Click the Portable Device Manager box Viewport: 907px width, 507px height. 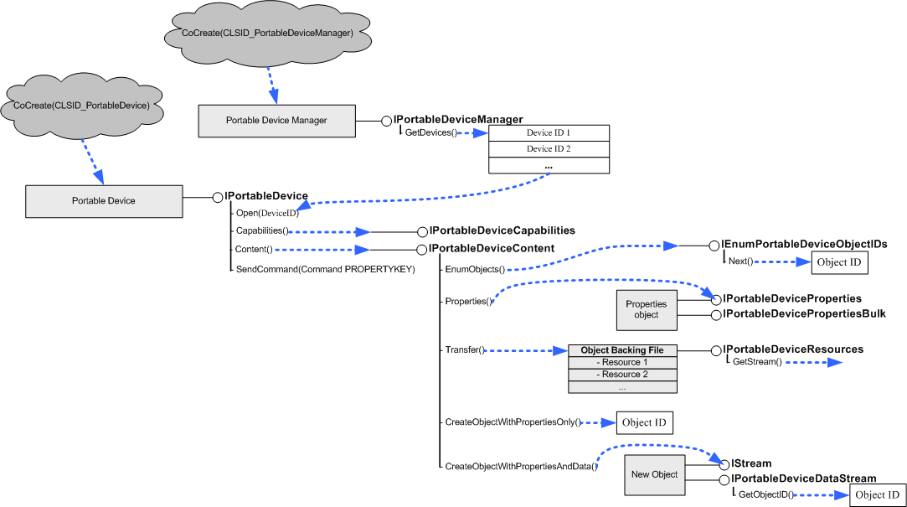[x=276, y=121]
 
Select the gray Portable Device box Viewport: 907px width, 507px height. [x=104, y=201]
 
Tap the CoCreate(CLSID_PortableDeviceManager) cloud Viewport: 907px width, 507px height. [x=265, y=33]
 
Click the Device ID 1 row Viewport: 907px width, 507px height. [x=549, y=132]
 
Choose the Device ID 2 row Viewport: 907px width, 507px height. [x=549, y=149]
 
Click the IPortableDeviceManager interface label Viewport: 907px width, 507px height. [x=458, y=120]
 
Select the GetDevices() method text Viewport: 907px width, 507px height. [x=430, y=133]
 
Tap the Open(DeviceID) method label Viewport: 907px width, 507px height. [x=267, y=213]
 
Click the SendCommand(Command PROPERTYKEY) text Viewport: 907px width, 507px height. [x=325, y=269]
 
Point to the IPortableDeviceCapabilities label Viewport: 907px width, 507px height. [x=502, y=230]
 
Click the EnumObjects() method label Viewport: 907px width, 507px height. [x=475, y=269]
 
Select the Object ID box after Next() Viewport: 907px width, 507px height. [x=839, y=262]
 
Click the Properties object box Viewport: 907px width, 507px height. [x=647, y=309]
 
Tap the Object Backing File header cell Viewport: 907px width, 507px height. [x=623, y=349]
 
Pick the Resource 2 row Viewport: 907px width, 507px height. [x=623, y=374]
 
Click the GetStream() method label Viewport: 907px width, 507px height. [x=757, y=362]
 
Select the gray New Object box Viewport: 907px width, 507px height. [x=654, y=474]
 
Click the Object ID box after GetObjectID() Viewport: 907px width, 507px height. [x=877, y=494]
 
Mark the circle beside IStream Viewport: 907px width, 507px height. [x=724, y=463]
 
